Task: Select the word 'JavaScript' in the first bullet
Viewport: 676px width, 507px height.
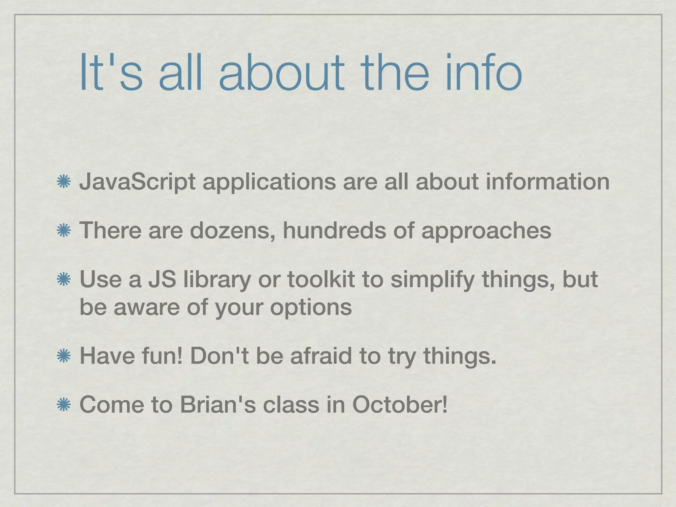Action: click(137, 183)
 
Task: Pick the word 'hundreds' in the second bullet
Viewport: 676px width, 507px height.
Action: click(334, 230)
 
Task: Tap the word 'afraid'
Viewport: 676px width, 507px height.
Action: click(321, 355)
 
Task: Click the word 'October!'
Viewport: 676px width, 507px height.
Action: click(400, 404)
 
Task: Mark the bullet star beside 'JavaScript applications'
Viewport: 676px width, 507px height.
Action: click(63, 183)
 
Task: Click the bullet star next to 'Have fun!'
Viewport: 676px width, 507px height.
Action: click(63, 356)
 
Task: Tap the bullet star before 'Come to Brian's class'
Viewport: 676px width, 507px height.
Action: click(63, 405)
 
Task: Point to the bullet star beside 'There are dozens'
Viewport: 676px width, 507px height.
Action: click(63, 231)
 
